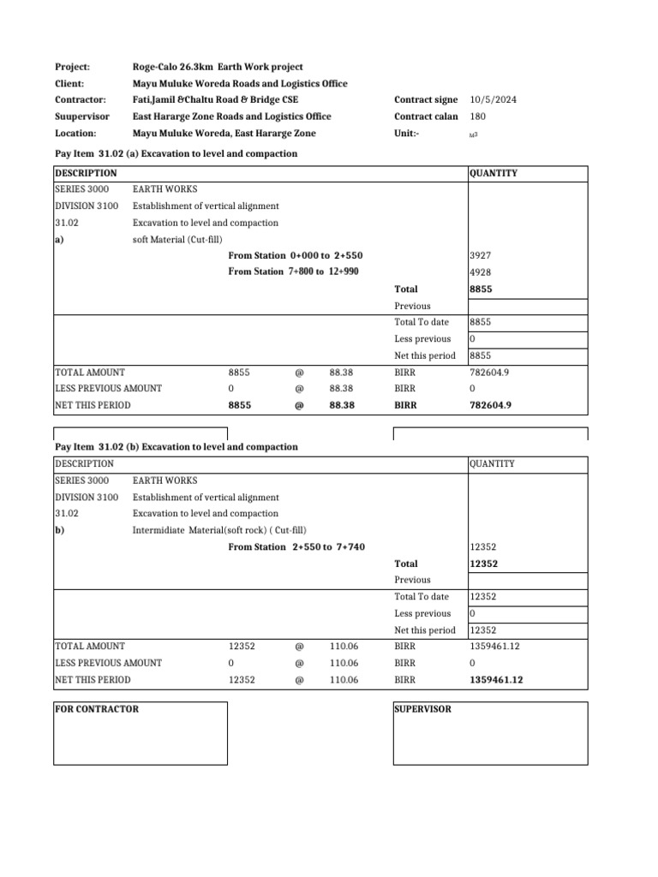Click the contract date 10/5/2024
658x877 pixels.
click(x=493, y=100)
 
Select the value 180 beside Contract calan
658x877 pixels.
click(x=478, y=116)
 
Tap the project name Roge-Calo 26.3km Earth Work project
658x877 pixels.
click(x=218, y=67)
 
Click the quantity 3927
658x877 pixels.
click(x=481, y=256)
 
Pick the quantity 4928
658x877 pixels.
click(x=481, y=272)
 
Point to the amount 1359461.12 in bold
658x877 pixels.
click(x=497, y=680)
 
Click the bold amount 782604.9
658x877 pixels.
click(x=491, y=406)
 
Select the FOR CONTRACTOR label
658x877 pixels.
click(x=97, y=709)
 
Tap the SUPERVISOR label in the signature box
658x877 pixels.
click(x=422, y=709)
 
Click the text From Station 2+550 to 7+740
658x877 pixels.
click(x=290, y=547)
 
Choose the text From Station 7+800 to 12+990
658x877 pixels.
click(x=293, y=272)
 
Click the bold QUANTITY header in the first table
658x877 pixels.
click(x=493, y=173)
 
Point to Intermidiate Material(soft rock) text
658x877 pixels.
click(x=204, y=530)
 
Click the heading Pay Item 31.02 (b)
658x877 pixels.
click(x=176, y=447)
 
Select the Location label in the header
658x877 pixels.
click(x=75, y=134)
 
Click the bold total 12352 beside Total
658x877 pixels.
click(x=485, y=564)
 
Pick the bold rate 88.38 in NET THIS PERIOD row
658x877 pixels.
click(x=341, y=406)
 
